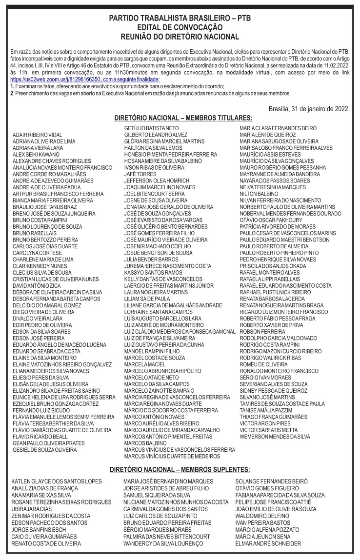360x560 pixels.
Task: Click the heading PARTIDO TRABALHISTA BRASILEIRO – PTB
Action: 180,18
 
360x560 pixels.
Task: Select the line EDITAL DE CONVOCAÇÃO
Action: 180,27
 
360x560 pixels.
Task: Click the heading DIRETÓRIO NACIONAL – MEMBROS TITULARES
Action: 183,118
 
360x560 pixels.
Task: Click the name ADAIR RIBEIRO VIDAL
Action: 38,134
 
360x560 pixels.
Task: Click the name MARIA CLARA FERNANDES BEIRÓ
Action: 278,128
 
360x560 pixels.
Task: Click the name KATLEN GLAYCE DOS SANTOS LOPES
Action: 57,481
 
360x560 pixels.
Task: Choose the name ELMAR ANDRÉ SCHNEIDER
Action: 268,543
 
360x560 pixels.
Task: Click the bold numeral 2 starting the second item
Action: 11,93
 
